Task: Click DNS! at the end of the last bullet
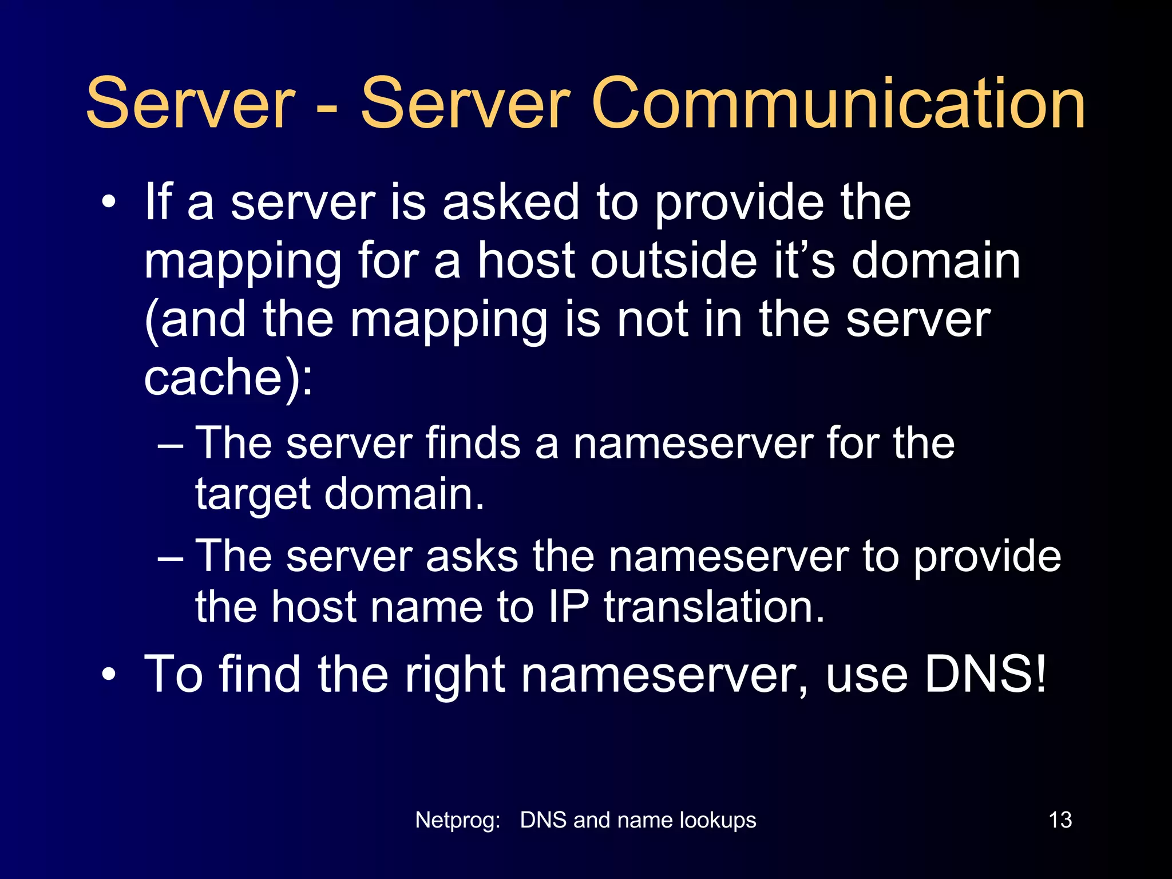pyautogui.click(x=985, y=674)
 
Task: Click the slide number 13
pyautogui.click(x=1060, y=820)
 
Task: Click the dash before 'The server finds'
pyautogui.click(x=170, y=445)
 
